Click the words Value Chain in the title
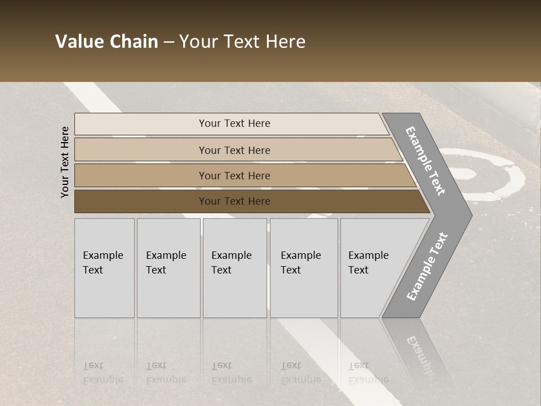pos(107,42)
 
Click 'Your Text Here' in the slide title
pos(242,42)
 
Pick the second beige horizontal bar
pos(234,150)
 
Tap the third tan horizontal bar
pos(234,175)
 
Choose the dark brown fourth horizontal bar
pos(234,201)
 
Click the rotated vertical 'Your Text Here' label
pos(65,162)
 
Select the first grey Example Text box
pos(104,268)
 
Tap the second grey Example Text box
pos(168,268)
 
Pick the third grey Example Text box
pos(234,268)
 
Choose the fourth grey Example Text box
pos(304,268)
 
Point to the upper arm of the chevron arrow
pos(425,161)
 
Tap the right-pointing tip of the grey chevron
pos(467,215)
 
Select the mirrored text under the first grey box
pos(103,373)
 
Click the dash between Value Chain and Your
pos(168,42)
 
